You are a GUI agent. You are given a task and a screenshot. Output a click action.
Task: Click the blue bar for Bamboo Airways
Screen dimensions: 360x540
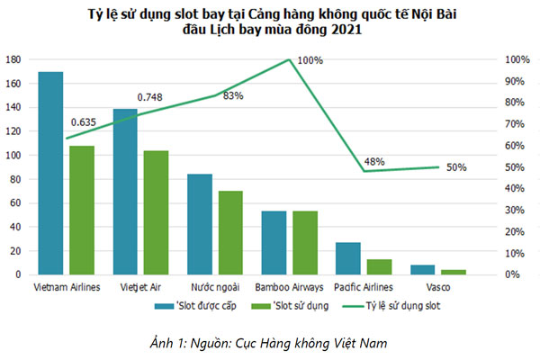click(x=273, y=243)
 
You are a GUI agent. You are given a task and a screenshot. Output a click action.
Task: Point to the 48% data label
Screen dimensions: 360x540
click(x=374, y=162)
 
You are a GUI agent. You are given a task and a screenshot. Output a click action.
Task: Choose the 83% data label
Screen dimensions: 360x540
click(x=232, y=96)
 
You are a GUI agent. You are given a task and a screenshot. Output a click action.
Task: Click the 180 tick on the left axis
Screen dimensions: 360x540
click(x=13, y=59)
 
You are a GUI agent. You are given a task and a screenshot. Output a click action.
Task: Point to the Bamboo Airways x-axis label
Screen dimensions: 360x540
click(x=289, y=288)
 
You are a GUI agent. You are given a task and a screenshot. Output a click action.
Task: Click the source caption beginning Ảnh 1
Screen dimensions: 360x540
click(x=270, y=341)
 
